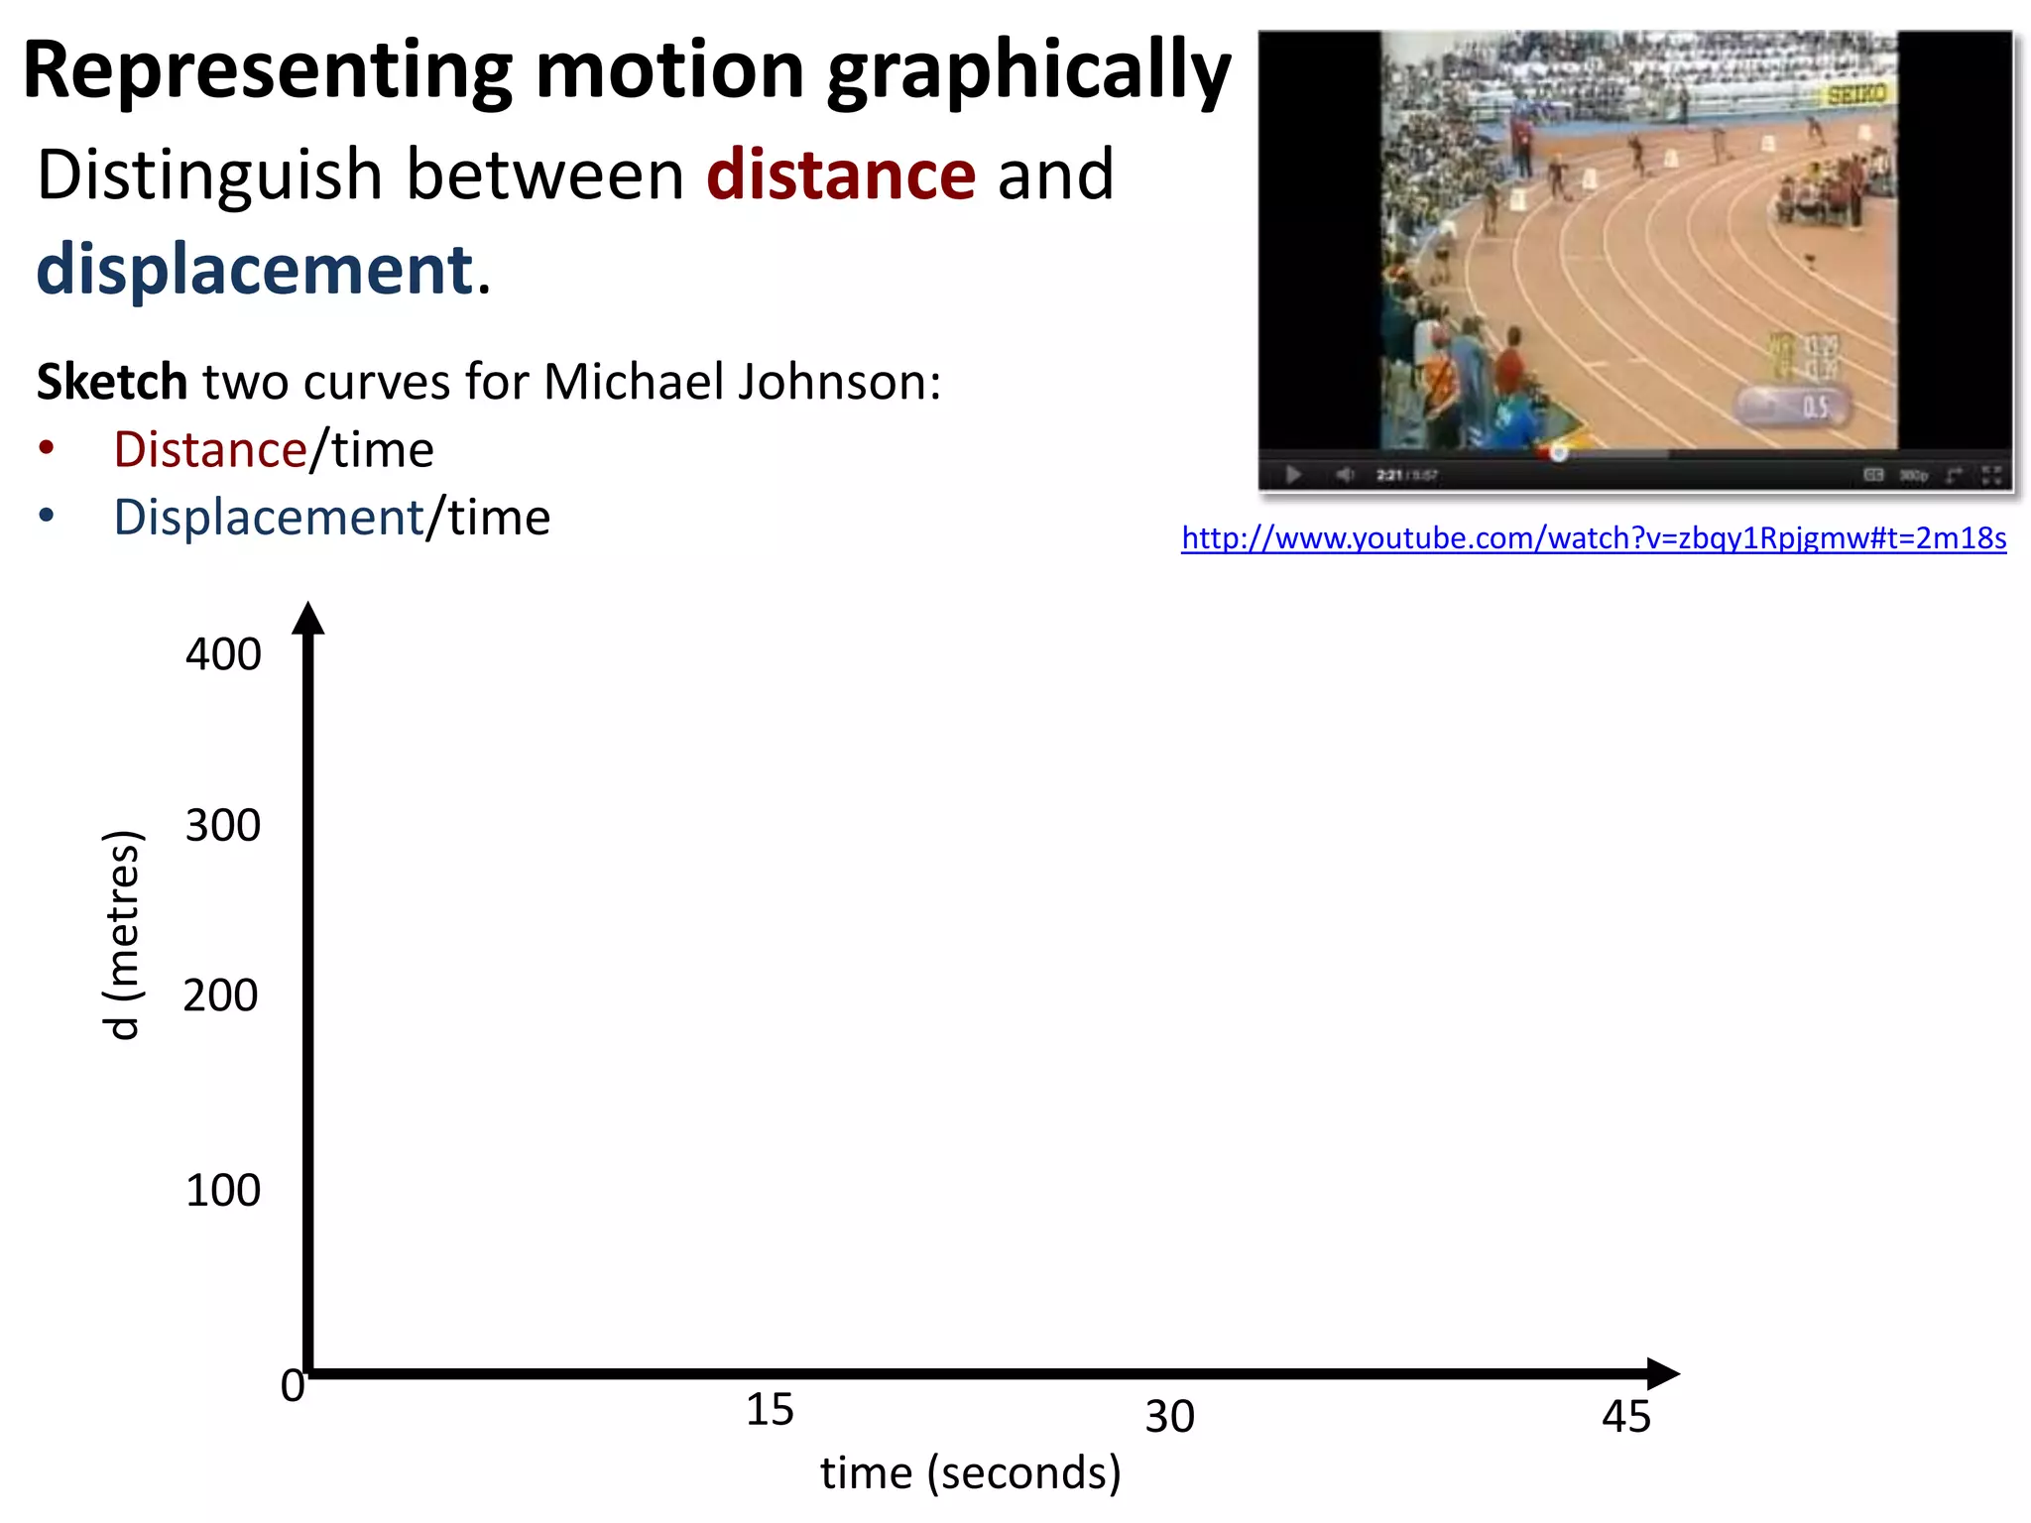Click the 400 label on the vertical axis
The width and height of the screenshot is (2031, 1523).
coord(223,654)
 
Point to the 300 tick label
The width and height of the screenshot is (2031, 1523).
coord(223,825)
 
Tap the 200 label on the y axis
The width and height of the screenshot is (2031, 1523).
coord(221,996)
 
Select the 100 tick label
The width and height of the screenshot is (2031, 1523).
coord(223,1190)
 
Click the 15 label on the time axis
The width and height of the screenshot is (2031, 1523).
coord(770,1410)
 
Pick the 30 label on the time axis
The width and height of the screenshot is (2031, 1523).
coord(1169,1417)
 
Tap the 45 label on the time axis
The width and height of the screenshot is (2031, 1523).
coord(1625,1417)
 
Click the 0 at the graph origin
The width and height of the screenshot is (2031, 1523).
coord(292,1385)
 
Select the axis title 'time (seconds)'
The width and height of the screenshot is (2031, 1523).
coord(970,1473)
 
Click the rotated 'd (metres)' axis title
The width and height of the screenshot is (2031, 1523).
coord(123,934)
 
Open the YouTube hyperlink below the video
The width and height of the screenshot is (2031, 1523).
coord(1594,538)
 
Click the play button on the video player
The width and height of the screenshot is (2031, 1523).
coord(1293,475)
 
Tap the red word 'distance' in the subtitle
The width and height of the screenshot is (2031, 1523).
coord(841,175)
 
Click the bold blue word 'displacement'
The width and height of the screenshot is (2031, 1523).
coord(255,270)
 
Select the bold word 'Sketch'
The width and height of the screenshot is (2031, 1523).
coord(112,382)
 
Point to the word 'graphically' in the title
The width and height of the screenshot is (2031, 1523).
coord(1028,71)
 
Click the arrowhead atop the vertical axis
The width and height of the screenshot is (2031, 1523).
coord(308,618)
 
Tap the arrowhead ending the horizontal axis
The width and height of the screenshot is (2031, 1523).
coord(1662,1373)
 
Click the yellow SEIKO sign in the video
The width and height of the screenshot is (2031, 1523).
coord(1856,94)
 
